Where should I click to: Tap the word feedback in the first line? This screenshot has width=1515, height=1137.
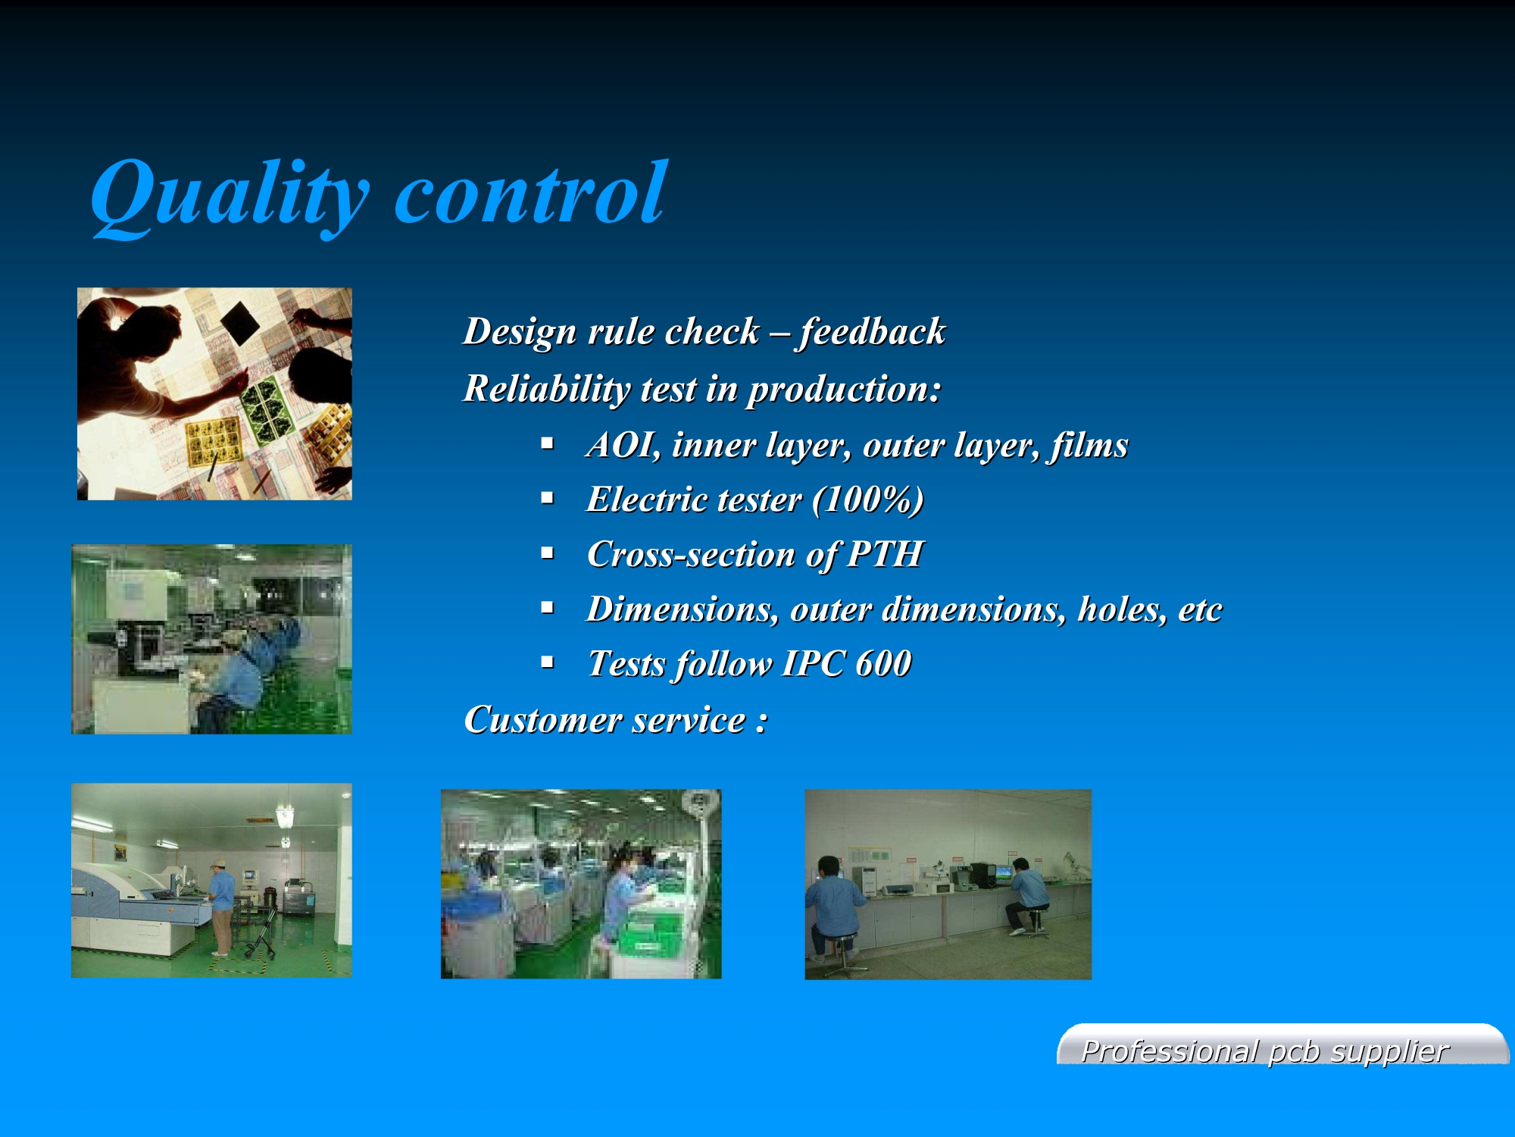[x=872, y=332]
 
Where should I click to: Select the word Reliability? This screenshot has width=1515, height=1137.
[x=546, y=389]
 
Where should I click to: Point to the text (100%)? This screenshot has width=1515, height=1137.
[x=868, y=500]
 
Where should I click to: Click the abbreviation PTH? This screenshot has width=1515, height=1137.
[x=886, y=553]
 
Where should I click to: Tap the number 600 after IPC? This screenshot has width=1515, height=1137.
[x=883, y=663]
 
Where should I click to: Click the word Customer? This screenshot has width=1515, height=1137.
[x=543, y=719]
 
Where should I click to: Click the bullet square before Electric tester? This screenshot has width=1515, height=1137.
[x=548, y=498]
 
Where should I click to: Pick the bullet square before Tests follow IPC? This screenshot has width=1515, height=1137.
[x=548, y=662]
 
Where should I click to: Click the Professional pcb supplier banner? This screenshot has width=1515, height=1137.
[x=1282, y=1045]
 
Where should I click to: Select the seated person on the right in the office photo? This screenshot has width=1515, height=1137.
[x=1027, y=897]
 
